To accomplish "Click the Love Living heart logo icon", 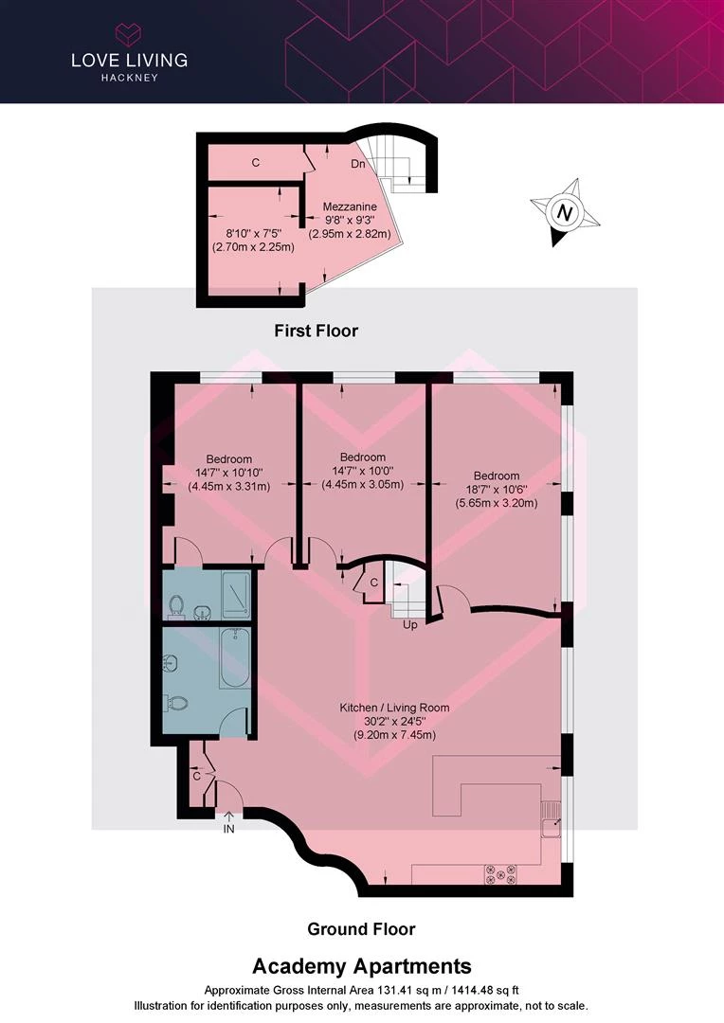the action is [x=129, y=35].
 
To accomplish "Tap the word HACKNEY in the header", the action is [x=129, y=78].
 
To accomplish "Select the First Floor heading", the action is [x=316, y=331].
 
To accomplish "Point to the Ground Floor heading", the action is [x=361, y=929].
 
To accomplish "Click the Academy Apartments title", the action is [x=362, y=965].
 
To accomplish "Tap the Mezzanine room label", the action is [x=350, y=206].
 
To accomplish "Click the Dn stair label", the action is [x=358, y=164].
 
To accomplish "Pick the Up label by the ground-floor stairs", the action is [x=410, y=625].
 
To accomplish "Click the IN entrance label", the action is [x=228, y=829].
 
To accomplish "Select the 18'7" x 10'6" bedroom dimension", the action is [x=497, y=490].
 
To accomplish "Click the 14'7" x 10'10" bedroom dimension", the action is [x=229, y=473].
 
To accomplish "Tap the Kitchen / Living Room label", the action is [x=394, y=708].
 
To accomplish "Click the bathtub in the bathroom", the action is [x=234, y=657].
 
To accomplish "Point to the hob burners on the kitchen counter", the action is [x=500, y=874].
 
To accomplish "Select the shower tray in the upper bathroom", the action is [x=236, y=595].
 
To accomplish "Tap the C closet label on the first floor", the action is [x=256, y=163].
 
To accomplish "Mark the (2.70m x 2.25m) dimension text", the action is [x=253, y=247].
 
